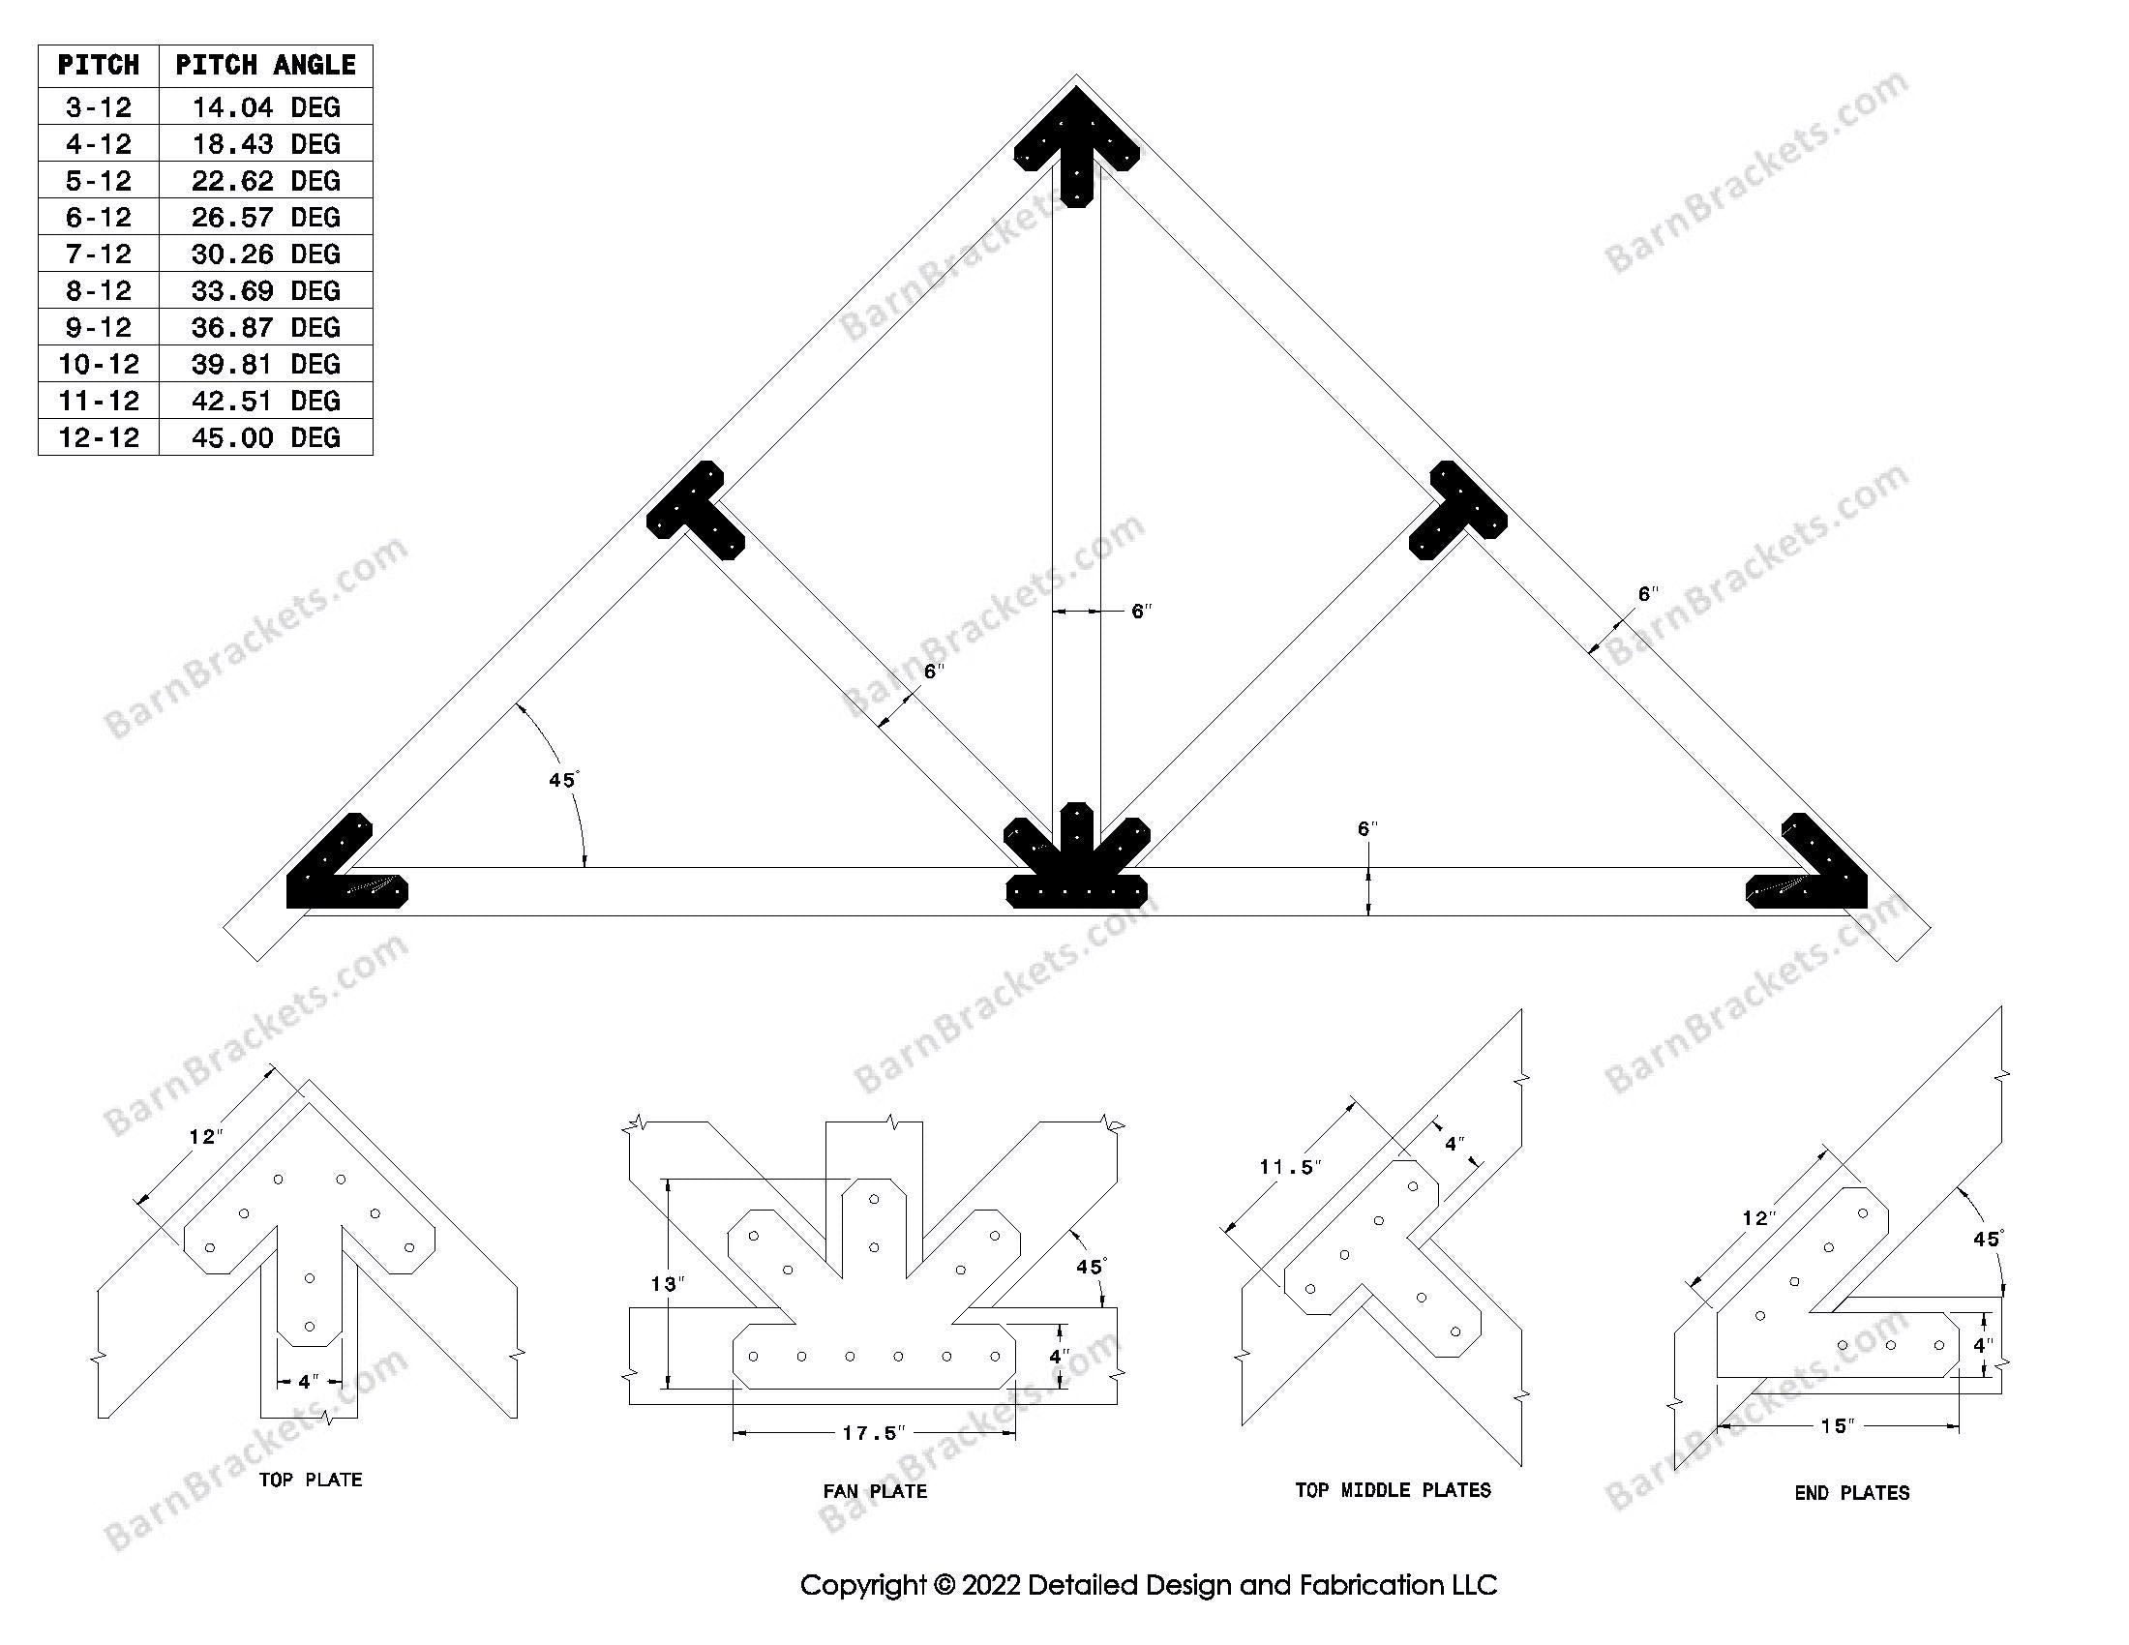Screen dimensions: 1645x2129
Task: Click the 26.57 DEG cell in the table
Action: [x=265, y=217]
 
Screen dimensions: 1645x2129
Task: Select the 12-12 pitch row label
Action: [x=99, y=437]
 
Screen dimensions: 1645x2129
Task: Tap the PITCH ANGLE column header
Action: [x=265, y=65]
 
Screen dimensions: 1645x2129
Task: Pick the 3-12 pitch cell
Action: [x=99, y=106]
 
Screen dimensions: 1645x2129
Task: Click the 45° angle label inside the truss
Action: [x=563, y=781]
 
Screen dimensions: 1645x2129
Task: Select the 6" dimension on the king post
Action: [x=1141, y=612]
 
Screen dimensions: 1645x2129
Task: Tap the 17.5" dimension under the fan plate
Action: [x=874, y=1432]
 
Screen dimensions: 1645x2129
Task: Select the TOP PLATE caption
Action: [x=310, y=1480]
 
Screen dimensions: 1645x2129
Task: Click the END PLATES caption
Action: [x=1851, y=1492]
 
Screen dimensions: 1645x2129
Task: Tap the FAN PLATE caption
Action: [x=875, y=1490]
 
